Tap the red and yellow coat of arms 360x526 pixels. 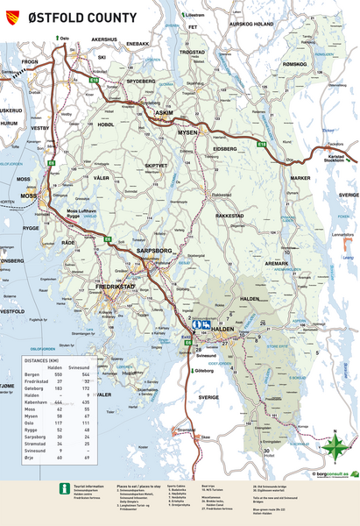11,17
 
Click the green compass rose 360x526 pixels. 333,448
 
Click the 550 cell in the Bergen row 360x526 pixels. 60,374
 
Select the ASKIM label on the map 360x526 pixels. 164,113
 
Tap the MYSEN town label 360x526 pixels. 188,131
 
